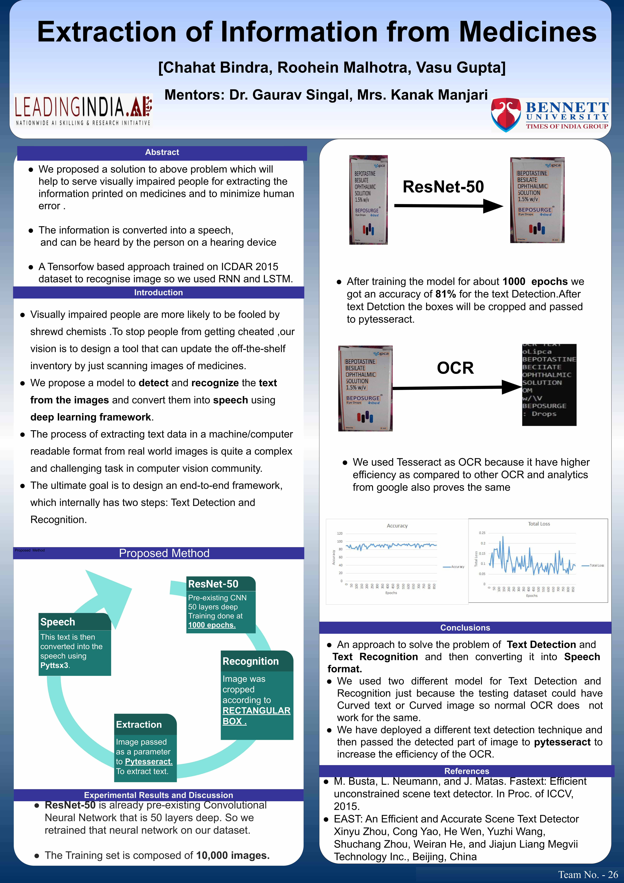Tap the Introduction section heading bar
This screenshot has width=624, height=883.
tap(158, 293)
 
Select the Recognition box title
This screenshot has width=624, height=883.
tap(251, 661)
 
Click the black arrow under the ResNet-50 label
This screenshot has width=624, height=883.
tap(448, 206)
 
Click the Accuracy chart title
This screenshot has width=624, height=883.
tap(397, 526)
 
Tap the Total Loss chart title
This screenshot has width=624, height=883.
tap(539, 524)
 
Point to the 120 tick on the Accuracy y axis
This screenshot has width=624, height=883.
tap(340, 533)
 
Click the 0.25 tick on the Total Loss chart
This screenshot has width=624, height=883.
tap(482, 533)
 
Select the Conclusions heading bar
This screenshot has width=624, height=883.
tap(465, 628)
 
